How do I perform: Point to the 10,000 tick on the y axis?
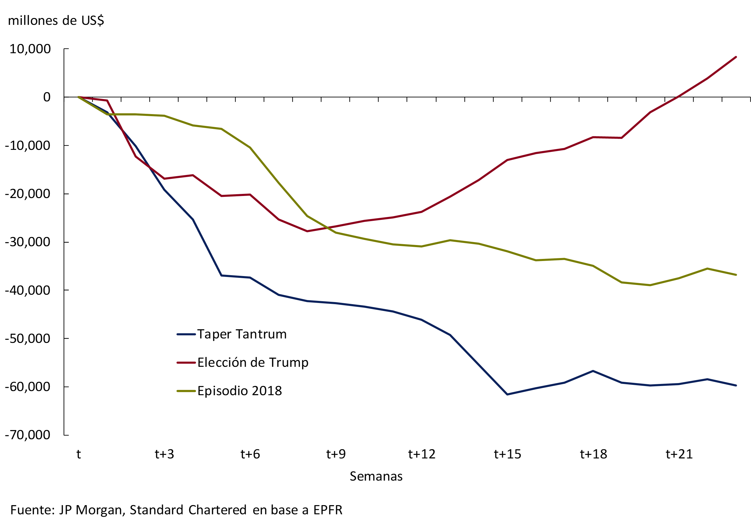tap(30, 49)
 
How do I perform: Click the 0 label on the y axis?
tap(47, 97)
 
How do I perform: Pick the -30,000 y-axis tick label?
tap(28, 242)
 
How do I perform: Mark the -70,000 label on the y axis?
tap(28, 435)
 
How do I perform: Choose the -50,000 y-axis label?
tap(28, 338)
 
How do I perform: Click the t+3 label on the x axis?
tap(164, 454)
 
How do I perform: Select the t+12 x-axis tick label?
tap(422, 454)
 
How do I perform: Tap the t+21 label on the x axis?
tap(679, 454)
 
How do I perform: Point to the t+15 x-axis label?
tap(507, 454)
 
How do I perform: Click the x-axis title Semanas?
tap(376, 476)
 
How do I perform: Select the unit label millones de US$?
tap(56, 21)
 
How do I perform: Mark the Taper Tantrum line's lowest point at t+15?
tap(507, 395)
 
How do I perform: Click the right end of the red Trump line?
tap(736, 57)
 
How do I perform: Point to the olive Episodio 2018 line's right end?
tap(736, 275)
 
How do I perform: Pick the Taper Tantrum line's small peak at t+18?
tap(593, 371)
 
